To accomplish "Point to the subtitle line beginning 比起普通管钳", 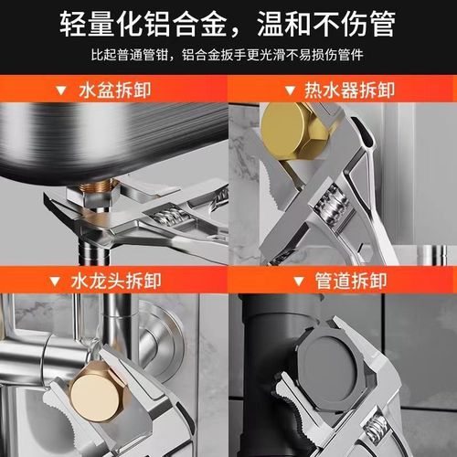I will click(x=228, y=55).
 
